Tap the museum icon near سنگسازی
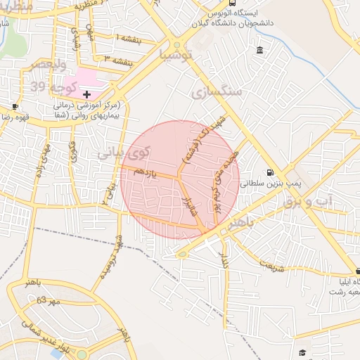(260, 50)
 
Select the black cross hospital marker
(86, 94)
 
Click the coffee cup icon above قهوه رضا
(15, 106)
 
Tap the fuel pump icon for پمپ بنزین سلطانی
(271, 173)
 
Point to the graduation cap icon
(302, 352)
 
